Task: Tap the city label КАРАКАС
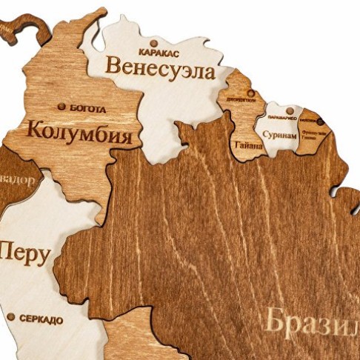pyautogui.click(x=159, y=52)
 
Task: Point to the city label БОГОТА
pyautogui.click(x=87, y=109)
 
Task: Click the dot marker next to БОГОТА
pyautogui.click(x=61, y=107)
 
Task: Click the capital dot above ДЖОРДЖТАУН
pyautogui.click(x=250, y=93)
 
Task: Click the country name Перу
pyautogui.click(x=24, y=253)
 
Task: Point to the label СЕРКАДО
pyautogui.click(x=41, y=320)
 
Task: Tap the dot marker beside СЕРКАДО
pyautogui.click(x=11, y=317)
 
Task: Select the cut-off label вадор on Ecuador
pyautogui.click(x=16, y=181)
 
